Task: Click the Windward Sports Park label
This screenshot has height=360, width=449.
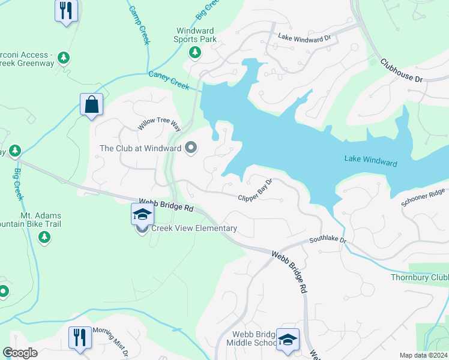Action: tap(196, 35)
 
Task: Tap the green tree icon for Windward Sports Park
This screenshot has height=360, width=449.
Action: tap(194, 53)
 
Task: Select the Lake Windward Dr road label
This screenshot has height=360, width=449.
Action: tap(304, 37)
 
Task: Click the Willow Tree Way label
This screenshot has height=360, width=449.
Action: tap(159, 125)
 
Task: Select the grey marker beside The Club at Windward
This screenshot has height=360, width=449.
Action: tap(191, 148)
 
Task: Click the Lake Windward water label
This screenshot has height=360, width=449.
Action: tap(370, 161)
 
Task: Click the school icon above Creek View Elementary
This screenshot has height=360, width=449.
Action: tap(143, 215)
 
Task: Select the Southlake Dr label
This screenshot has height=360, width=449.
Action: tap(328, 240)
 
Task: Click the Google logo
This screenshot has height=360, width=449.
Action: tap(20, 353)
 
